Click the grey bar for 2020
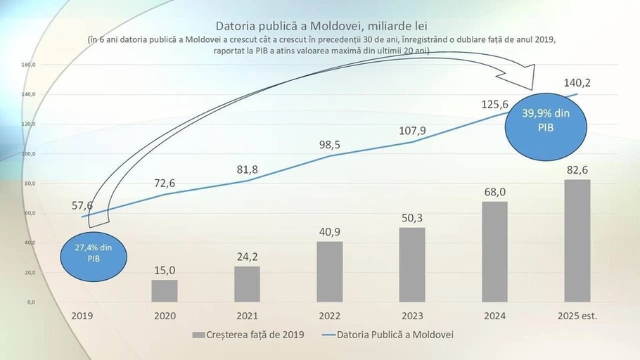[x=165, y=290]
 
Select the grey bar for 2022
[x=329, y=271]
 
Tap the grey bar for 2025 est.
[x=577, y=240]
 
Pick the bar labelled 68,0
[x=494, y=252]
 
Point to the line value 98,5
[x=329, y=144]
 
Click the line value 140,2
[x=577, y=83]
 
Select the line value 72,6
[x=165, y=183]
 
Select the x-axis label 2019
[x=82, y=316]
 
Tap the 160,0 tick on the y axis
[x=29, y=65]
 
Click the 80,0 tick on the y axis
[x=29, y=184]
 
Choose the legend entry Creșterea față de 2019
[x=248, y=335]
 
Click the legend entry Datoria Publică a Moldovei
[x=388, y=335]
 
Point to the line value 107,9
[x=412, y=130]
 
